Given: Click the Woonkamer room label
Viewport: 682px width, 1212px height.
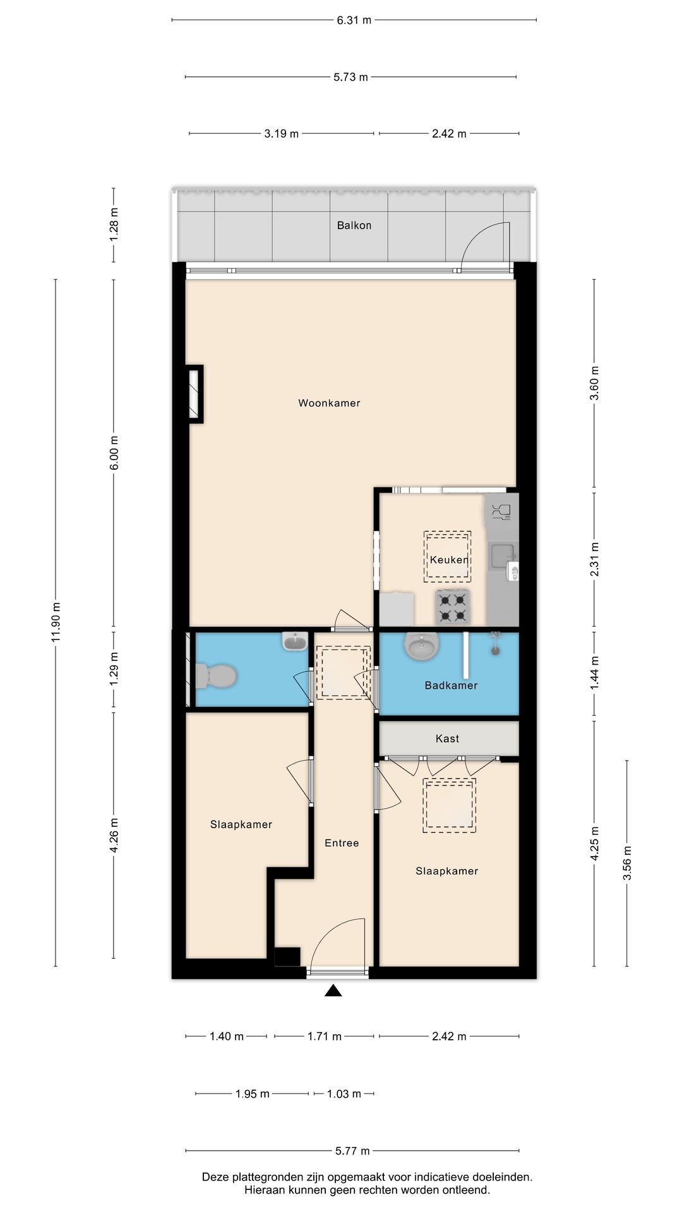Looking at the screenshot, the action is [x=329, y=403].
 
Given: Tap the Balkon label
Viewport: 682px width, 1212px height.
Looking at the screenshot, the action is [x=354, y=225].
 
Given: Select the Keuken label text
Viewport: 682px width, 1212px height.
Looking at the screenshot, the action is [x=449, y=560].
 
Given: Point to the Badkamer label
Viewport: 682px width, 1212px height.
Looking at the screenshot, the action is [x=451, y=686].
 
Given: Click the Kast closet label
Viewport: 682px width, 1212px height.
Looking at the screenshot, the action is [x=447, y=739].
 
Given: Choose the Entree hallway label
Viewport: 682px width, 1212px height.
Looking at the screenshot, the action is [x=342, y=843].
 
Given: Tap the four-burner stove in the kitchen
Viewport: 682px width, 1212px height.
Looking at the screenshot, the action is [x=453, y=607].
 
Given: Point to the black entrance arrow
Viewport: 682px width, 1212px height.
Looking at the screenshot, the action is [x=333, y=991].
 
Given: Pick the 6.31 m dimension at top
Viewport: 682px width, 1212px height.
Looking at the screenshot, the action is [x=354, y=20].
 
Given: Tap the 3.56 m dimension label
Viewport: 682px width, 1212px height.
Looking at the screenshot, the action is [x=627, y=864].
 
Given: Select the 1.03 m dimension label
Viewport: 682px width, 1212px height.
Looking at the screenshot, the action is [x=344, y=1094].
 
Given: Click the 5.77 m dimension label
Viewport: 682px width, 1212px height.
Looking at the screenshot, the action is [x=352, y=1151].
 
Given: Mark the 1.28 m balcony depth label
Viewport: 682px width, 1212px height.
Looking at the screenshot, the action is [x=114, y=225].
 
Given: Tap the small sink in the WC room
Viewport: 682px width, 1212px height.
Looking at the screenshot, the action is [x=295, y=642].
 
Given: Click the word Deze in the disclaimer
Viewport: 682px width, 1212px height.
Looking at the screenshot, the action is [x=215, y=1177].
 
